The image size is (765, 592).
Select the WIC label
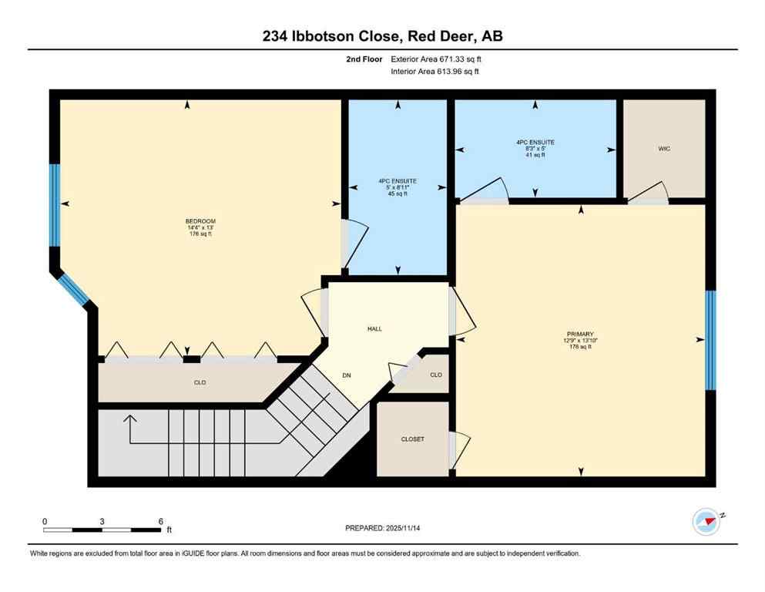tap(664, 149)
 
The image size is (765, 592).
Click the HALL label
tap(374, 328)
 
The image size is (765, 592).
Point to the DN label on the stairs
tap(347, 375)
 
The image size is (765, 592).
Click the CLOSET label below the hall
tap(413, 439)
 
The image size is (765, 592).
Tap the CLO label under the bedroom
tap(200, 382)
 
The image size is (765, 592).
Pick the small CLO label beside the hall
tap(436, 375)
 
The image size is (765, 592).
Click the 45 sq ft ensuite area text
tap(398, 194)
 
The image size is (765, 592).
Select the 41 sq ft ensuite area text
tap(535, 155)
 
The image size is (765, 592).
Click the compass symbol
tap(706, 522)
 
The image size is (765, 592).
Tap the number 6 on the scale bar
tap(160, 521)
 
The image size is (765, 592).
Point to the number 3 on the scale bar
tap(102, 521)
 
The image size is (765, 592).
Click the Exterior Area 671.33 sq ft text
tap(438, 59)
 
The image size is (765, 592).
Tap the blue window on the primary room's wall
tap(710, 339)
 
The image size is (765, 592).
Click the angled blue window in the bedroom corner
tap(75, 289)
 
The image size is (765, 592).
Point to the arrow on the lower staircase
tap(129, 422)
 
